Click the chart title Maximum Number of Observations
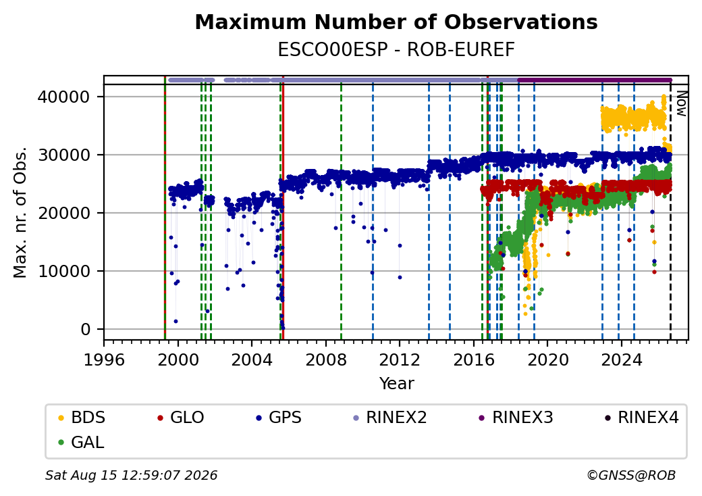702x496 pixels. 396,22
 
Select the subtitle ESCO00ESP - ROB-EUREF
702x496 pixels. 396,50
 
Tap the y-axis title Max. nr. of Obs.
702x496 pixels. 20,212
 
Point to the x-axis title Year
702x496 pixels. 397,384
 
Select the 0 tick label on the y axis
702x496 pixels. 86,329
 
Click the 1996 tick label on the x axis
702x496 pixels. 104,359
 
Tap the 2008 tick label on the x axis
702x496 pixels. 325,359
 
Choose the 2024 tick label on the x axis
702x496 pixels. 621,359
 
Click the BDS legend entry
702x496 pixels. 82,418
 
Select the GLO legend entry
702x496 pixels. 180,418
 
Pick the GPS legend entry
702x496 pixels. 279,418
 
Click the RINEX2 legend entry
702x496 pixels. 389,418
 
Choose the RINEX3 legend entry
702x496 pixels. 516,418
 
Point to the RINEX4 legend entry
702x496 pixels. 641,418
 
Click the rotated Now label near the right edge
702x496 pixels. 681,103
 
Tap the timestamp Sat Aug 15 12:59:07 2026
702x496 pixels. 131,475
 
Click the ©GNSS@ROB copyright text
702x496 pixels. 631,475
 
